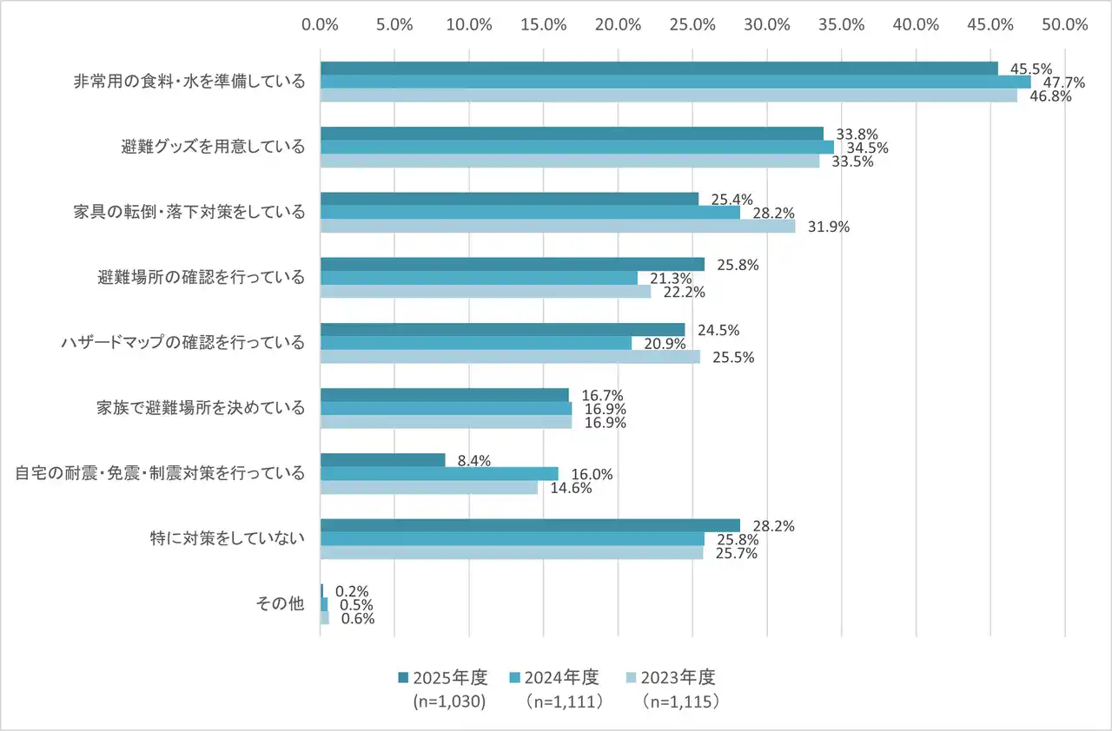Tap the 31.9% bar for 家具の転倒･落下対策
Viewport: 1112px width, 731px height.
point(558,227)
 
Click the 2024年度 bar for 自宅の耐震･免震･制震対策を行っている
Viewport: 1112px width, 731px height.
point(439,473)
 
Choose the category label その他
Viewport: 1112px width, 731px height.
point(280,604)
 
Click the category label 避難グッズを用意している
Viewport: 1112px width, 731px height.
point(213,147)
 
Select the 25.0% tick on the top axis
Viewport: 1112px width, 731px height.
point(693,24)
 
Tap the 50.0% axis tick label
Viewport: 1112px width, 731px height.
point(1066,24)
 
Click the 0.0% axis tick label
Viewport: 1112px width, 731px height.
point(320,24)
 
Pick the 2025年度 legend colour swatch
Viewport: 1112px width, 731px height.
point(402,677)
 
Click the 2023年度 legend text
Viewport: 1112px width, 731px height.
point(682,677)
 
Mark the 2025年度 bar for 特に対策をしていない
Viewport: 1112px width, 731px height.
point(530,525)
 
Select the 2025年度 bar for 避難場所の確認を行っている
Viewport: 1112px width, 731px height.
point(512,264)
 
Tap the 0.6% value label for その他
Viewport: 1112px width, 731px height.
point(355,619)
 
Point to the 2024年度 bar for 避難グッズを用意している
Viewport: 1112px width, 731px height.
point(577,148)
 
